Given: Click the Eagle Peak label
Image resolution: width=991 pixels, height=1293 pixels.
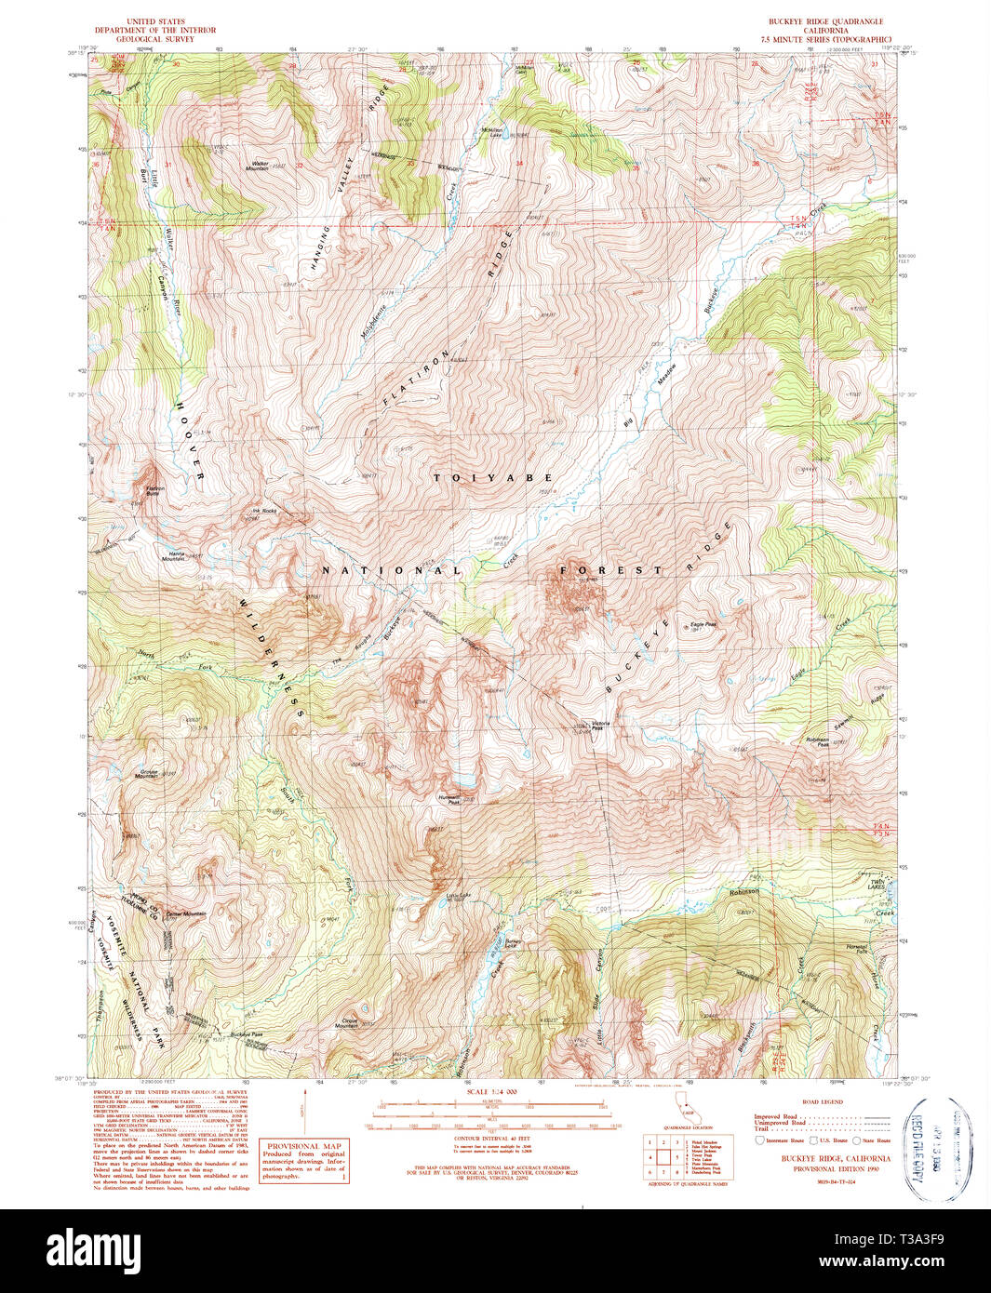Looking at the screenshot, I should point(703,625).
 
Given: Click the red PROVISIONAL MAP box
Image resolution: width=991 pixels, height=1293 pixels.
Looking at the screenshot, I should point(305,1161).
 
